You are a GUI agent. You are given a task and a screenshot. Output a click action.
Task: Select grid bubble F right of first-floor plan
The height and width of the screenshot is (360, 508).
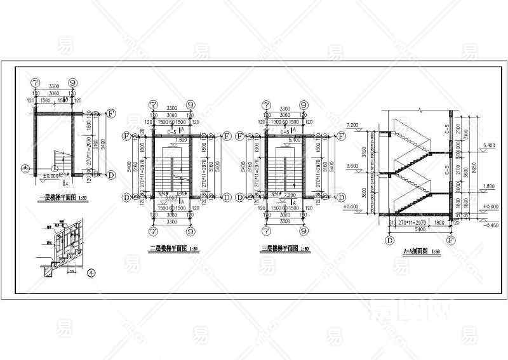click(x=111, y=114)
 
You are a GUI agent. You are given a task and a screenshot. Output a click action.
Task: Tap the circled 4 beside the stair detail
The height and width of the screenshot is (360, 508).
click(x=91, y=274)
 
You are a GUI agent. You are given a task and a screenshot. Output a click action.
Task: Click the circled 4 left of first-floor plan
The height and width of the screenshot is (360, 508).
click(x=25, y=168)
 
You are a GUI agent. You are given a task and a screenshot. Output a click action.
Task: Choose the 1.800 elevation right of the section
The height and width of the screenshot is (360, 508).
click(x=487, y=186)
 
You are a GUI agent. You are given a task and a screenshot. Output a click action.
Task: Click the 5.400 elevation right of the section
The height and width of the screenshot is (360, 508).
click(x=487, y=145)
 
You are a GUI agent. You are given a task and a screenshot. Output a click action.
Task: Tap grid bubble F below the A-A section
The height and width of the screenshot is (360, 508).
click(x=451, y=241)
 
